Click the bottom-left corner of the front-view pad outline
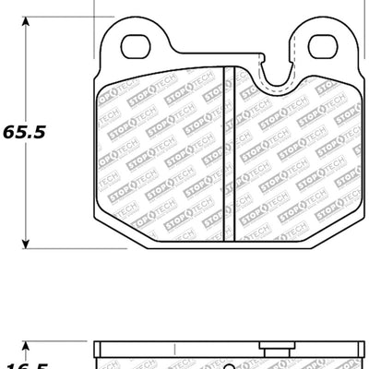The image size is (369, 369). tap(101, 242)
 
